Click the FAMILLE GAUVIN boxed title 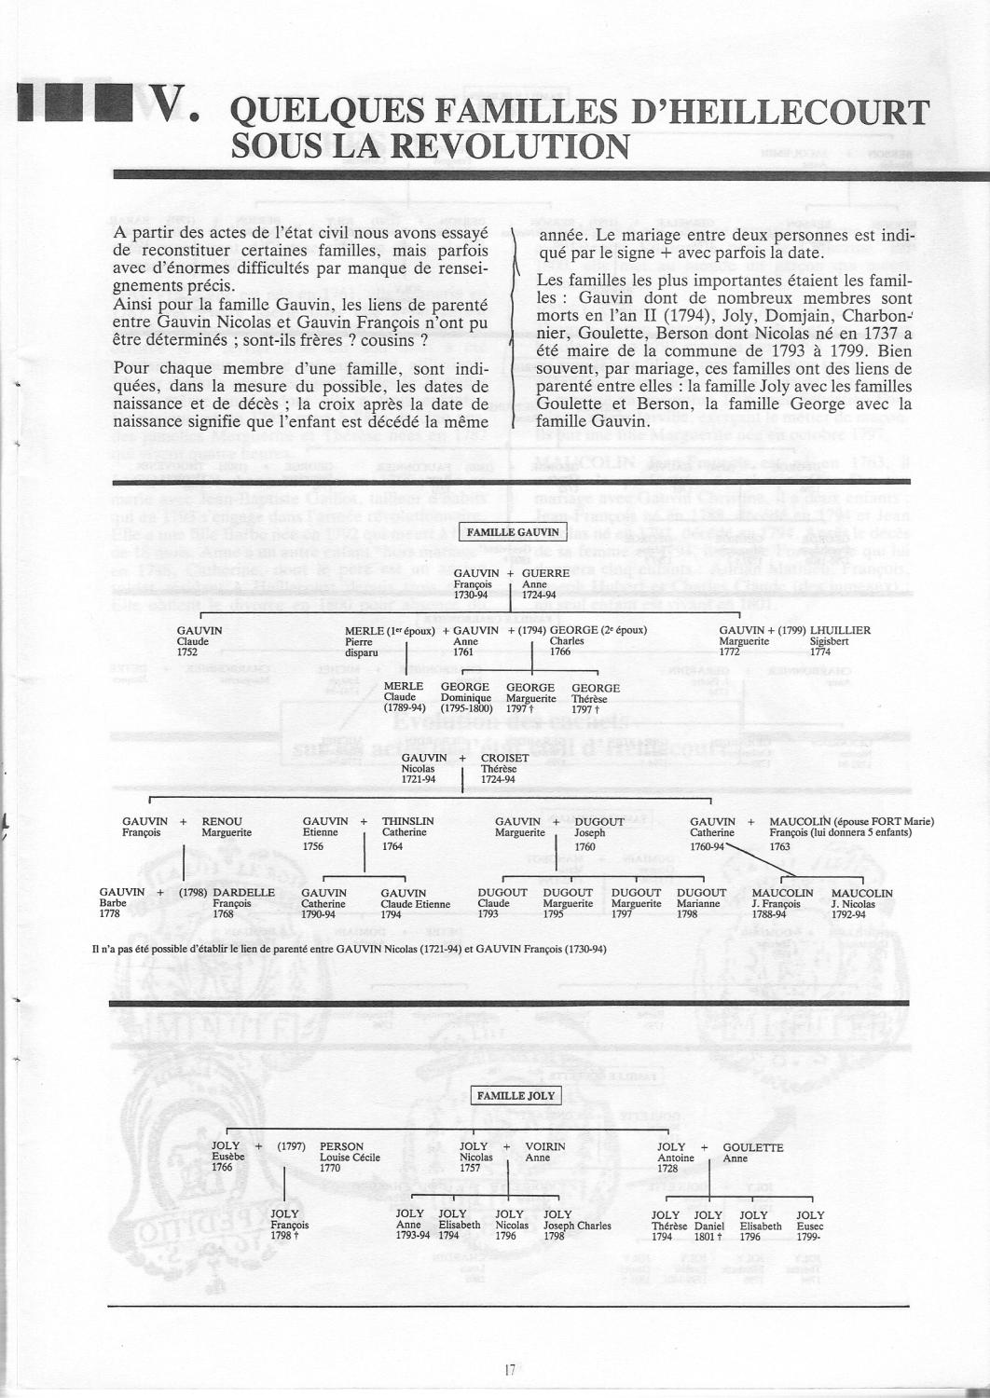[x=513, y=532]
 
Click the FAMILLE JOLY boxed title [x=516, y=1095]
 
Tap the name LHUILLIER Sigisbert [x=839, y=640]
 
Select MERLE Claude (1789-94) [x=403, y=696]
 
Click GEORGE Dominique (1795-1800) [x=465, y=696]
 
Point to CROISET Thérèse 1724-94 [x=503, y=768]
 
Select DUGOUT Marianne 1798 [x=701, y=902]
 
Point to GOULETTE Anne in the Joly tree [x=752, y=1153]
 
